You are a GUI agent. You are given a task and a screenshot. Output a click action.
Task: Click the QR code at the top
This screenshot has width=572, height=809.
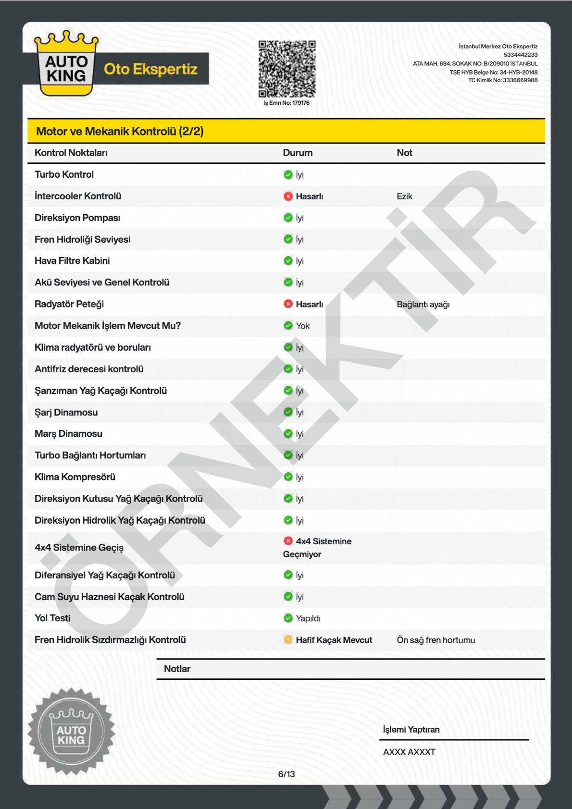[x=287, y=69]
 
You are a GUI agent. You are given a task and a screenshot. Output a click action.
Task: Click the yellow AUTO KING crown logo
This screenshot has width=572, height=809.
[x=66, y=64]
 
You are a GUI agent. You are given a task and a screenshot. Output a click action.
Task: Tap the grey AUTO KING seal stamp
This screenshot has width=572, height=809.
[x=71, y=731]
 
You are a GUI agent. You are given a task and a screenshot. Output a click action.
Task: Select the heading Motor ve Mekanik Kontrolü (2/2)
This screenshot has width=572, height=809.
[x=120, y=131]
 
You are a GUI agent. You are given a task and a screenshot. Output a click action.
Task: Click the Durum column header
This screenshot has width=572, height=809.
[x=298, y=153]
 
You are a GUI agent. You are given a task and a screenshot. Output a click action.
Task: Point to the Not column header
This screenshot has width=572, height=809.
[x=404, y=153]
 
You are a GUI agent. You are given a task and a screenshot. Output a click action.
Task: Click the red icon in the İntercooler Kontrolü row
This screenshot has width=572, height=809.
[x=288, y=196]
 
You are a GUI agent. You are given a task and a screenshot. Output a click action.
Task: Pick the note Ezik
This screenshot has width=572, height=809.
[x=404, y=196]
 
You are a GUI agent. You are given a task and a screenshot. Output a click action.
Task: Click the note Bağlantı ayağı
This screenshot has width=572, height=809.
[x=423, y=304]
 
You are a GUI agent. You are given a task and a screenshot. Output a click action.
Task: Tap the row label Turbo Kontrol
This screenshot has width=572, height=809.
[x=64, y=174]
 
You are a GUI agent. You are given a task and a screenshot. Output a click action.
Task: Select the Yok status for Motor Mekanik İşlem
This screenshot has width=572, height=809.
[x=302, y=326]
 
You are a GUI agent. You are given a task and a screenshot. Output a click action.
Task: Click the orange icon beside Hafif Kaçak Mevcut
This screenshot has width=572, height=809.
[x=288, y=639]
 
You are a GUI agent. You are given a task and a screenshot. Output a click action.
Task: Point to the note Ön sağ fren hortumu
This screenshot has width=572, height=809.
[x=435, y=640]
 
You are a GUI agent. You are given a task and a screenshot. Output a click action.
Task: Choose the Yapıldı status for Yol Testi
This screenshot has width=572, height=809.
[x=308, y=618]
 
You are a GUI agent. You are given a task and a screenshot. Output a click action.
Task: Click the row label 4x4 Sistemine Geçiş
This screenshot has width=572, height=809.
[x=79, y=548]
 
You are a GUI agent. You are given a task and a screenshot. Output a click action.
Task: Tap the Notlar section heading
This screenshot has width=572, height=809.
[x=177, y=669]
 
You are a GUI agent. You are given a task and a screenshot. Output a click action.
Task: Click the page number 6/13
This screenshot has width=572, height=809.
[x=286, y=774]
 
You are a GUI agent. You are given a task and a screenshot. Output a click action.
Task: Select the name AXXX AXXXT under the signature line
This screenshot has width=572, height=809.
[x=409, y=752]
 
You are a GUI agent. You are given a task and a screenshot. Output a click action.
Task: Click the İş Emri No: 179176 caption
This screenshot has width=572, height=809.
[x=286, y=103]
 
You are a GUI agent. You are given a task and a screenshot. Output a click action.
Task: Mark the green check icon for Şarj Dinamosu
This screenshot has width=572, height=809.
[x=288, y=412]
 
